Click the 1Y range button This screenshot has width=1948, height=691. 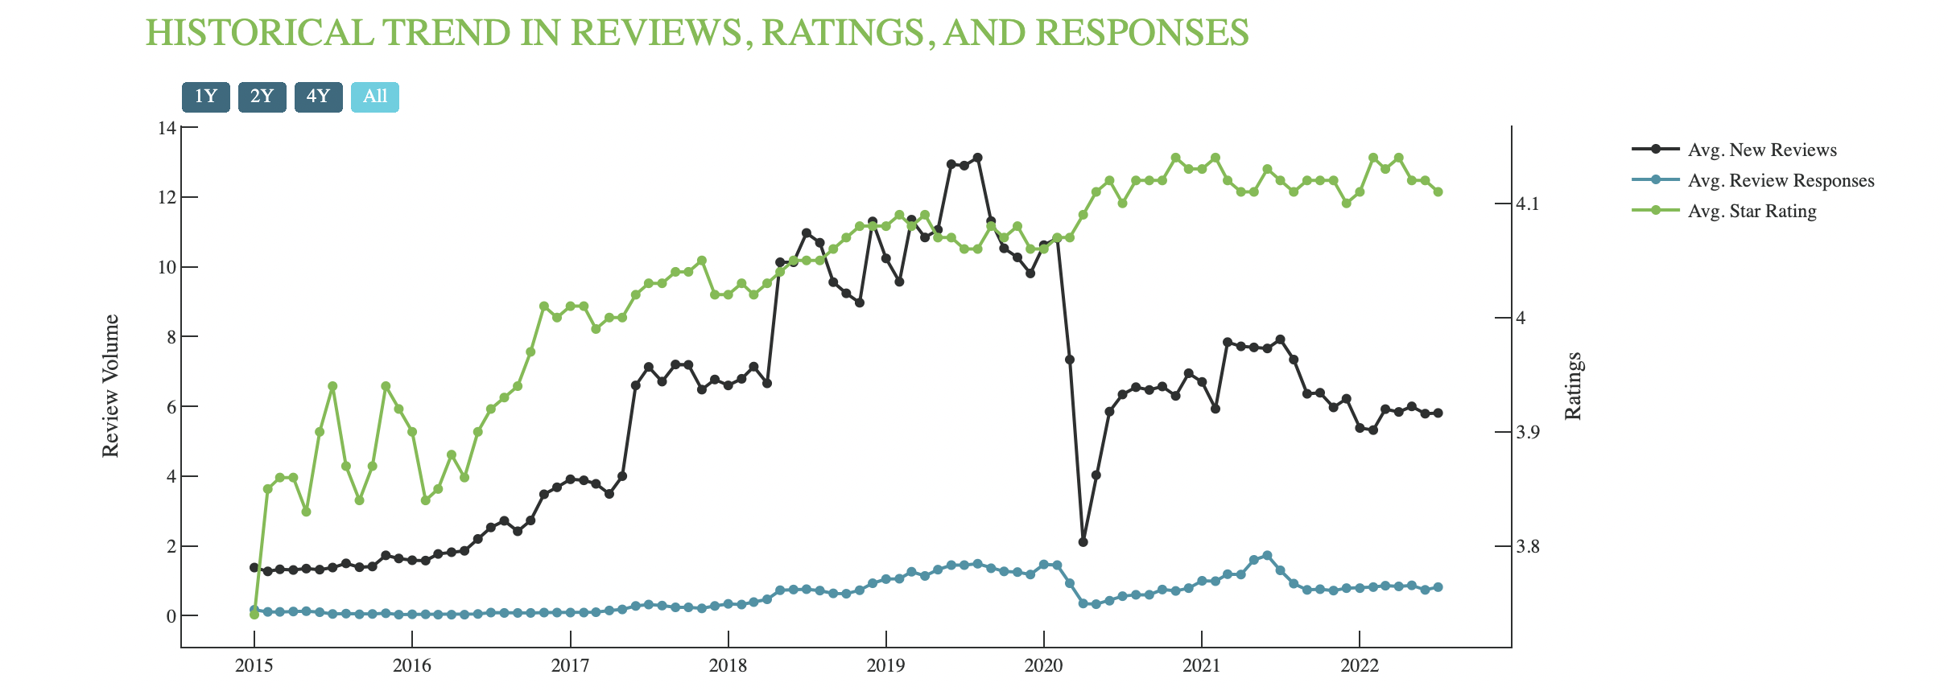[205, 97]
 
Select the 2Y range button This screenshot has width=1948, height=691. [262, 97]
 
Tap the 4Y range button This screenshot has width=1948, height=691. [318, 97]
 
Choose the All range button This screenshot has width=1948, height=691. [374, 97]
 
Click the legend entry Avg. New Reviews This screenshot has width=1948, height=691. [1761, 150]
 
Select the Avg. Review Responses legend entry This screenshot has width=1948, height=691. [1781, 180]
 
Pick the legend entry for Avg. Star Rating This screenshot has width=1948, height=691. [1752, 211]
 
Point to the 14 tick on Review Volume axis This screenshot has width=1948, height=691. [167, 128]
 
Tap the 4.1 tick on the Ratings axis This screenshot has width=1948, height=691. [1527, 204]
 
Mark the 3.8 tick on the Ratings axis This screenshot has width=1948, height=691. [1527, 547]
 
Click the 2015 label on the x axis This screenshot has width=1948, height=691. [254, 666]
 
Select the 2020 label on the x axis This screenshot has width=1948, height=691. [1044, 666]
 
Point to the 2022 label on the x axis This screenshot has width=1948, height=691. [1360, 666]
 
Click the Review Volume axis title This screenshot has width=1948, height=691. [110, 386]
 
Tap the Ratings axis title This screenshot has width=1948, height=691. [1573, 386]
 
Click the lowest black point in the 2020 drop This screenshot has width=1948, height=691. [1083, 542]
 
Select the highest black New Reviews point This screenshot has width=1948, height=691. [977, 158]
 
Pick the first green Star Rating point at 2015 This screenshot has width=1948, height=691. [254, 615]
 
